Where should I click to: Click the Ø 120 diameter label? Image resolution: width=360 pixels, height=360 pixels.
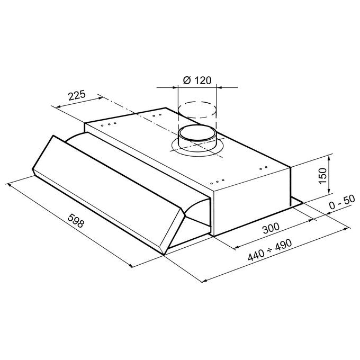coord(197,80)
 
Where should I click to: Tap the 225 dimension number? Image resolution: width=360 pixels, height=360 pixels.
coord(77,95)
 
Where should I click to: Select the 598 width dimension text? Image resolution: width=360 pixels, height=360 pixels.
coord(76,221)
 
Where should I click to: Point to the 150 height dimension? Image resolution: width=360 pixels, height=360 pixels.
coord(322,176)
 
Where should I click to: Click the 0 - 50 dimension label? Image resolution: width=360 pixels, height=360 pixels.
coord(342,202)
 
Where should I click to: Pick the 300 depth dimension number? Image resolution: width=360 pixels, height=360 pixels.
coord(271,228)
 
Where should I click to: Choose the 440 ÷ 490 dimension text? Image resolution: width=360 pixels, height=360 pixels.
coord(270,250)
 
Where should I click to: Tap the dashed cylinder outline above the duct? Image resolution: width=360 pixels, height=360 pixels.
coord(197,110)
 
